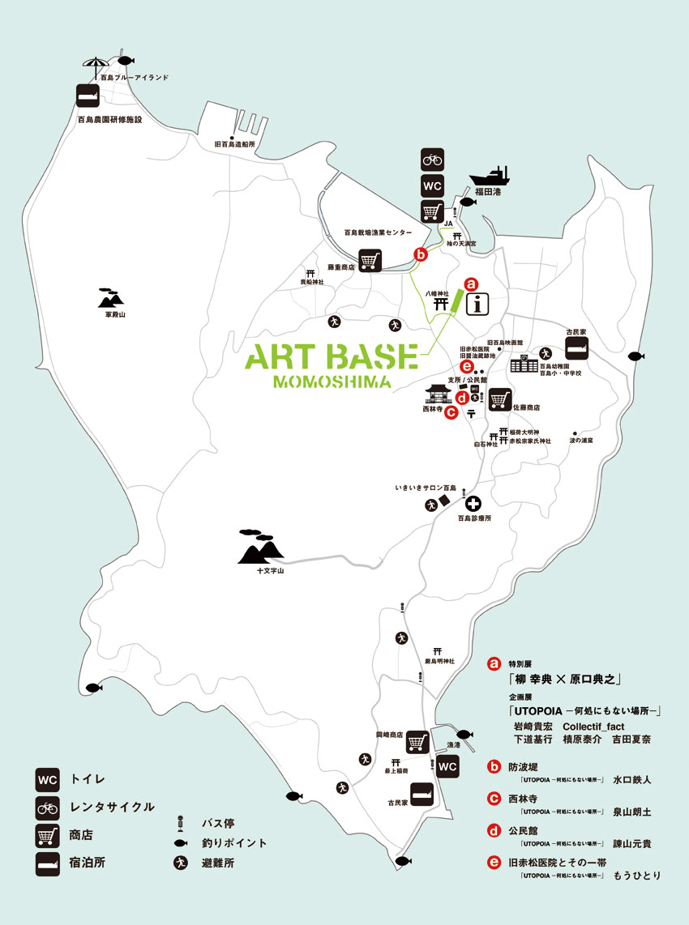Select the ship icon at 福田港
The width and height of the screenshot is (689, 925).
tap(489, 178)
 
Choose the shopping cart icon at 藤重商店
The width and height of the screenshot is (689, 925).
tap(370, 261)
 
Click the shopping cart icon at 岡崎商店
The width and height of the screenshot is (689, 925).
tap(417, 740)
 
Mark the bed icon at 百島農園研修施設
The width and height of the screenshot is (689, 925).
tap(88, 96)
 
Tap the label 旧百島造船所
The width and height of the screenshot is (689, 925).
tap(234, 143)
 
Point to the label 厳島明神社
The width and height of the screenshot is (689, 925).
tap(440, 661)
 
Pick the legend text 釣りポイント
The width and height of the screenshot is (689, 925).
tap(234, 843)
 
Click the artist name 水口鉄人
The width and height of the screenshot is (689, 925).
tap(632, 780)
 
